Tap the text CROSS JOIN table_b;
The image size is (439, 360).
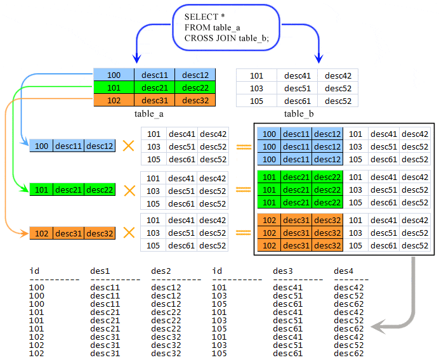pyautogui.click(x=226, y=38)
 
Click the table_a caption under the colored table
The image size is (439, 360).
pyautogui.click(x=149, y=113)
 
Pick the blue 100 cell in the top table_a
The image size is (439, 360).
pyautogui.click(x=114, y=75)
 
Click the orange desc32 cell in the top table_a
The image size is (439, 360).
pyautogui.click(x=195, y=100)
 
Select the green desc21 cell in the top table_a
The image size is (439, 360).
pyautogui.click(x=154, y=87)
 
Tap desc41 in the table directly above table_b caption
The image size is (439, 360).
pyautogui.click(x=297, y=75)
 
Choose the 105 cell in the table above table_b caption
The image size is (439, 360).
pyautogui.click(x=256, y=101)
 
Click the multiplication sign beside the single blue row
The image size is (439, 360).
pyautogui.click(x=129, y=146)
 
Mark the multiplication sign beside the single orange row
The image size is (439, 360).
pyautogui.click(x=129, y=233)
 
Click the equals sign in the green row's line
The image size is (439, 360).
pyautogui.click(x=243, y=190)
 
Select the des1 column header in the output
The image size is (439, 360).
pyautogui.click(x=100, y=271)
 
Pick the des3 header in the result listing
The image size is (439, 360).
pyautogui.click(x=283, y=271)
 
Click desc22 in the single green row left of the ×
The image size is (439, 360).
pyautogui.click(x=100, y=190)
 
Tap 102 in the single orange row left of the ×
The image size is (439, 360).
pyautogui.click(x=42, y=233)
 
